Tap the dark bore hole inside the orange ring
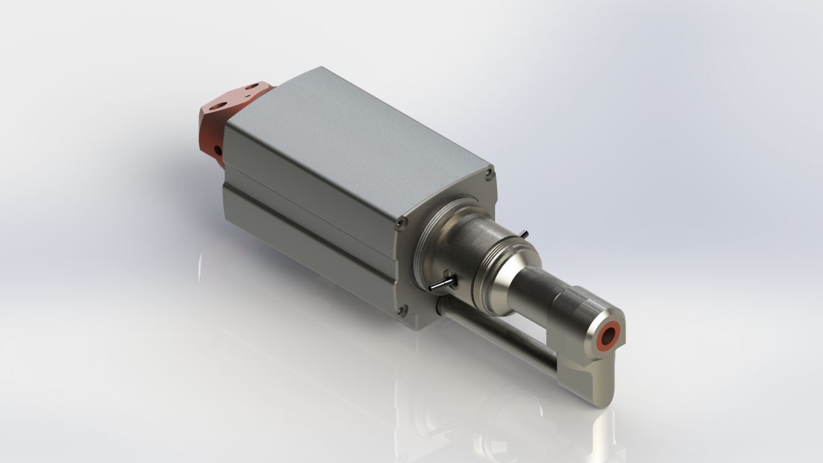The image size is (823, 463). click(x=608, y=335)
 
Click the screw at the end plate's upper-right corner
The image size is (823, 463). click(x=489, y=172)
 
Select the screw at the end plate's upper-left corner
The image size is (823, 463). click(x=402, y=222)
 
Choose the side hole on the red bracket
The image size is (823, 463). click(x=217, y=150)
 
